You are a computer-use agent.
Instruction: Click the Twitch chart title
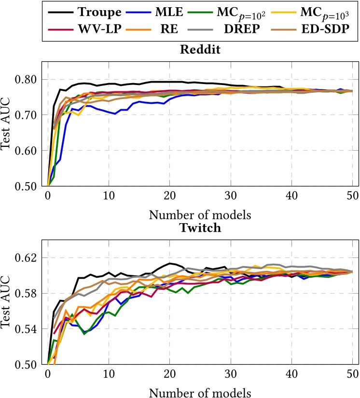click(200, 228)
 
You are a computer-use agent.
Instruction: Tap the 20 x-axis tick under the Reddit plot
click(169, 196)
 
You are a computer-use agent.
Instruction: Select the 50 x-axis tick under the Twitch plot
click(352, 374)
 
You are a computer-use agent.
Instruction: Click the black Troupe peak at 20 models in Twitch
click(170, 263)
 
